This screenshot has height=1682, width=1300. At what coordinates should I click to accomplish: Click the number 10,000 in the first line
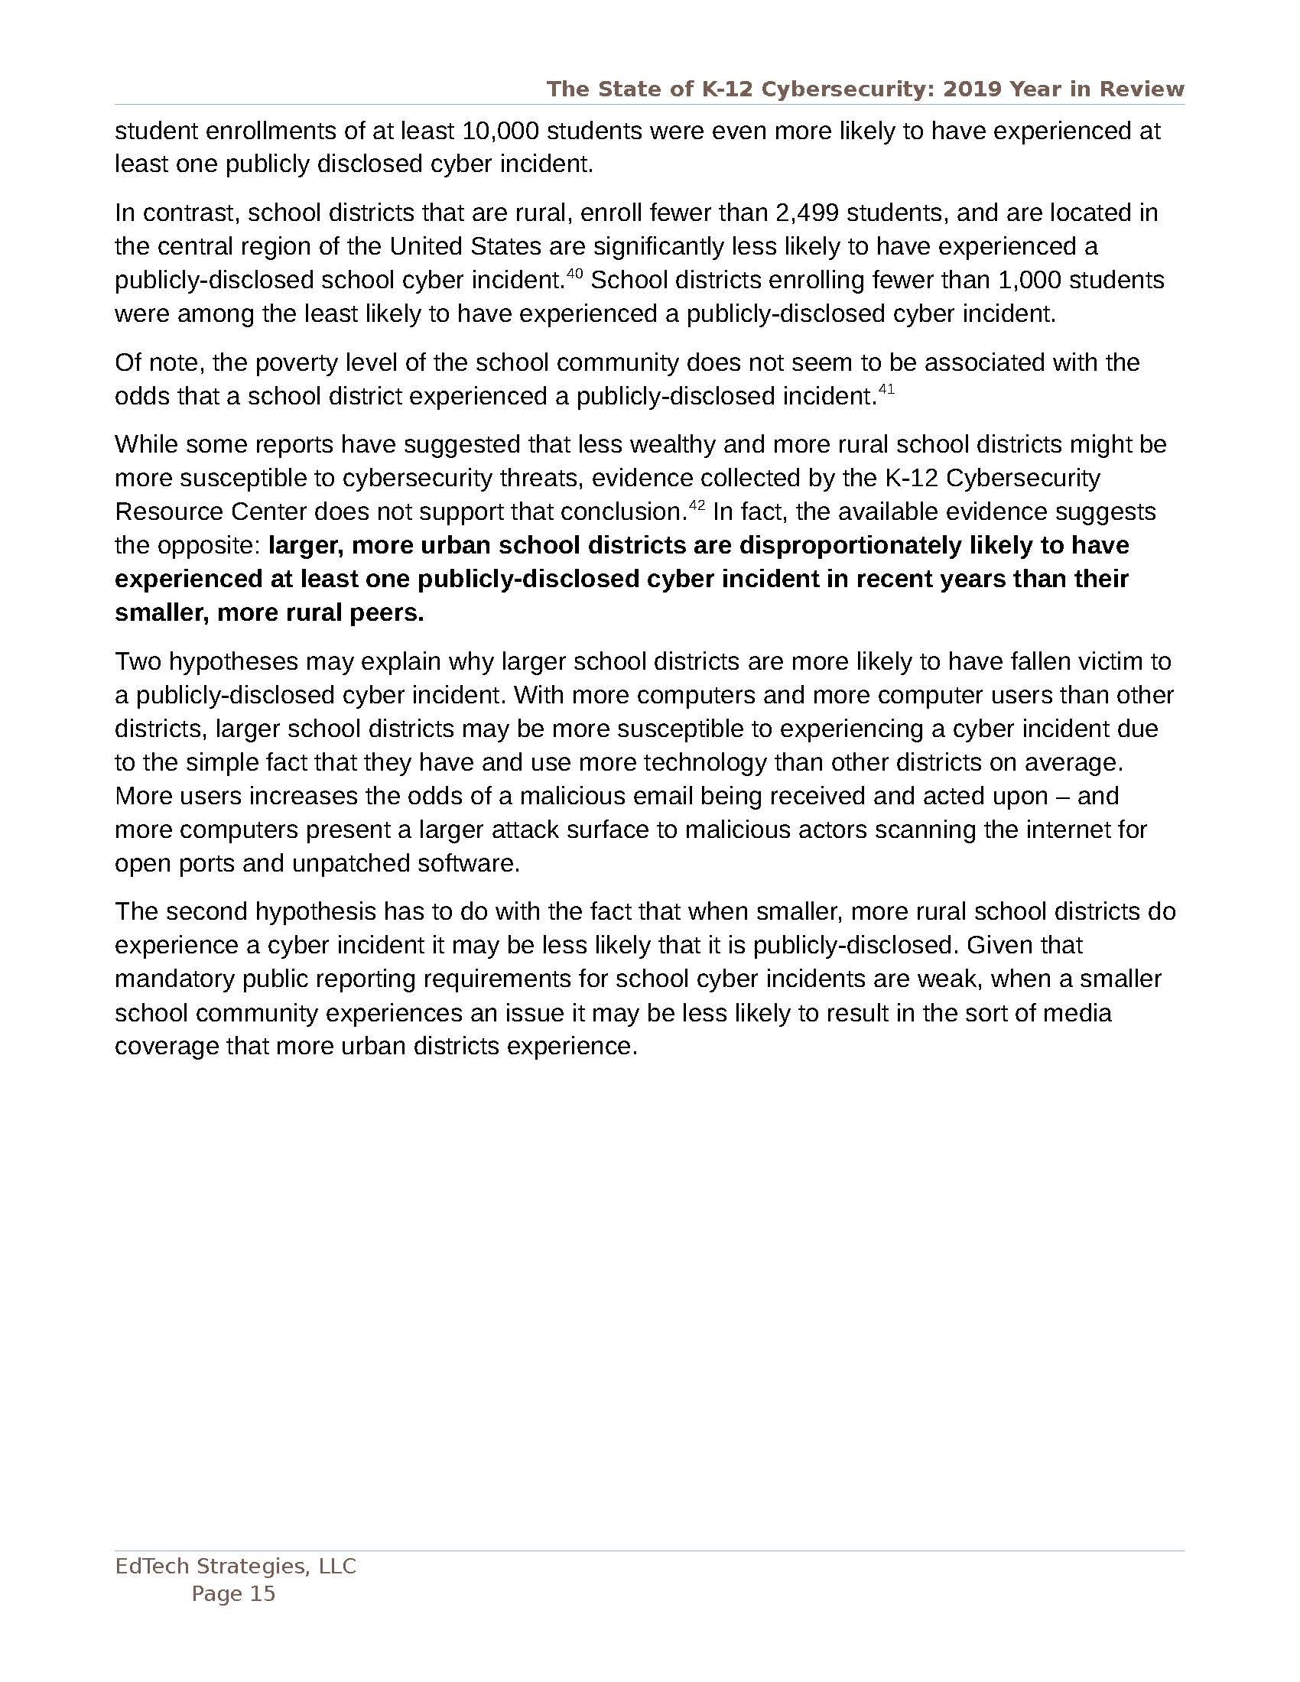499,131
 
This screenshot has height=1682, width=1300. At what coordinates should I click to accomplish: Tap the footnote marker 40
574,273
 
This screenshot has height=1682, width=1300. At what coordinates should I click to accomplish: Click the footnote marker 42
697,505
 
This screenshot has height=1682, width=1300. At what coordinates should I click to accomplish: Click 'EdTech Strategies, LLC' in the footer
236,1566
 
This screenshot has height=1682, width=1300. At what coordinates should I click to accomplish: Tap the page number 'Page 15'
233,1593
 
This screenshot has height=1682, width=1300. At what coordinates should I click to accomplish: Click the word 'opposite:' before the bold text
210,545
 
